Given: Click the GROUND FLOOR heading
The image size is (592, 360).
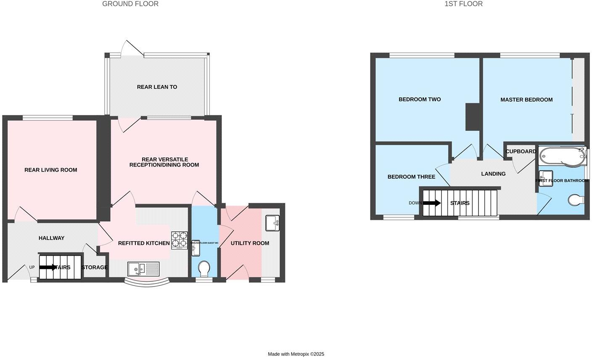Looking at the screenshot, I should point(130,4).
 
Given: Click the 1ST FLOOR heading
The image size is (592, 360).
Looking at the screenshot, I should point(463,4).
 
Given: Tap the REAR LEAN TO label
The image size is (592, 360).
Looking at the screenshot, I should point(157,87).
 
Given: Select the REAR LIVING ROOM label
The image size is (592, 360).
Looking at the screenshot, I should point(51,170).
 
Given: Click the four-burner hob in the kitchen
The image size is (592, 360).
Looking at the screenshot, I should point(179,240).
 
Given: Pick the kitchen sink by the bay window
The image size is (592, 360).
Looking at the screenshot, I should point(143,268).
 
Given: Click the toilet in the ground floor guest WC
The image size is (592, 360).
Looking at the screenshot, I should point(204,268).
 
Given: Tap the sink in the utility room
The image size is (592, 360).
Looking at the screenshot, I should point(272,223).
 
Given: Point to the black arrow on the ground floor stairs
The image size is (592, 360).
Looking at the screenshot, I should point(48,267).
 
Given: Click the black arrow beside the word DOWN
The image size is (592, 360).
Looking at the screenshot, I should point(431,203).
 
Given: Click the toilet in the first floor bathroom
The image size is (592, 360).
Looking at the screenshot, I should point(576,200).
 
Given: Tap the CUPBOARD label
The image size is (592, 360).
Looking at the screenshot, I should point(521,151).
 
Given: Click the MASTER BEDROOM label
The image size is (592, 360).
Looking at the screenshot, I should point(526,100).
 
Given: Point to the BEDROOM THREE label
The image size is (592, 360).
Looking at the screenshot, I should point(411,177).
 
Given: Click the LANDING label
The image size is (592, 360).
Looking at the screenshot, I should point(493,174).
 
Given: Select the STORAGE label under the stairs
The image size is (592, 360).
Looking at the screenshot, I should point(95,267).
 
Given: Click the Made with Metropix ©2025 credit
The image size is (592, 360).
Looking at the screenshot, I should point(296,354).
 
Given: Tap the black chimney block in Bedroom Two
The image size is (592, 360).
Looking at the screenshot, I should point(473,116).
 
